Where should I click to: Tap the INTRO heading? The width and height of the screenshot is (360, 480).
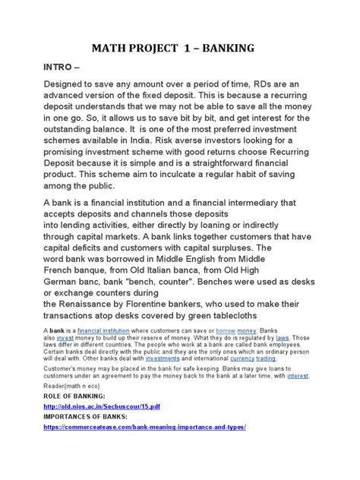[x=63, y=71]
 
